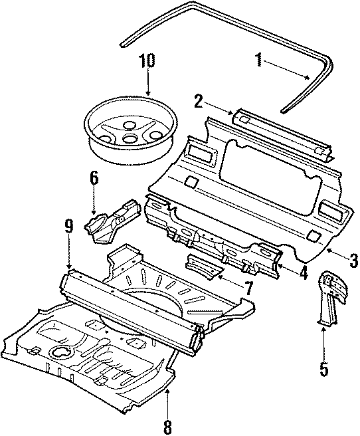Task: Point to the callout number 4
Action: coord(303,272)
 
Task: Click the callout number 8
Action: coord(167,423)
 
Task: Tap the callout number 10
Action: coord(147,61)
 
